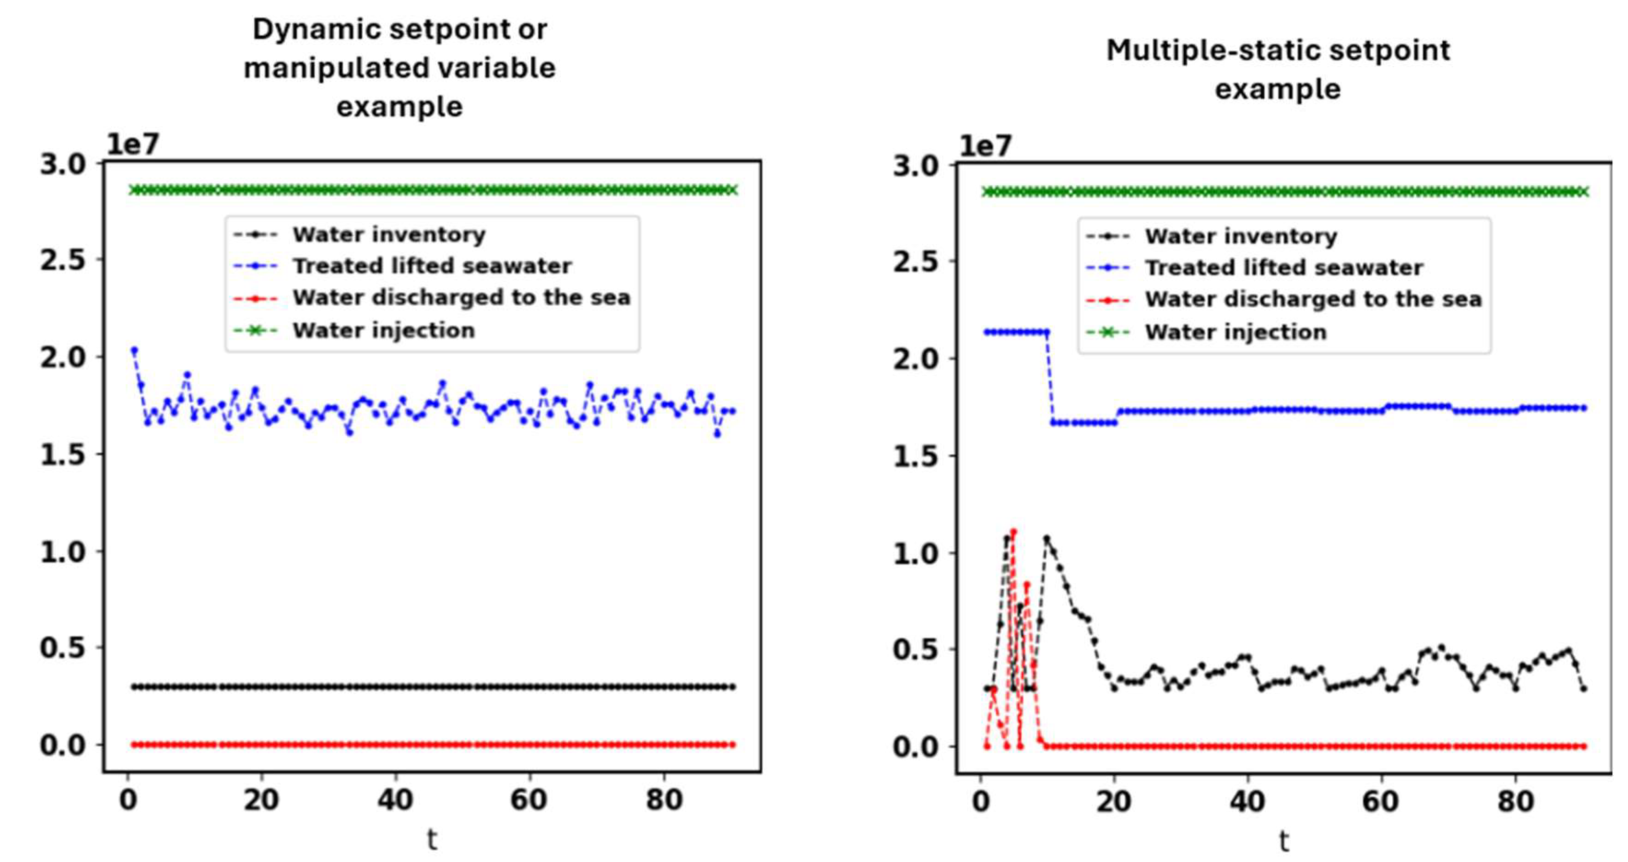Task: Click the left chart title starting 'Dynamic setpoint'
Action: tap(400, 68)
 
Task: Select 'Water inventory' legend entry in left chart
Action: tap(388, 234)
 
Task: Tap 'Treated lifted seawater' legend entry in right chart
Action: tap(1283, 267)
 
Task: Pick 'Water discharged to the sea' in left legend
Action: tap(461, 297)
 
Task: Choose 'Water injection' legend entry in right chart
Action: tap(1235, 332)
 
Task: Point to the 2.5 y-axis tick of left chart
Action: tap(63, 260)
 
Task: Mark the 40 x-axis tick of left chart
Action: tap(395, 800)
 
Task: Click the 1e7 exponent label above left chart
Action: tap(133, 145)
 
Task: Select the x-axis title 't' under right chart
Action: tap(1283, 841)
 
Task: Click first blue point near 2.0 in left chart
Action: tap(134, 350)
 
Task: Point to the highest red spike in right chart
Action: tap(1014, 532)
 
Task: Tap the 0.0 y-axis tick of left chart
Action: tap(63, 746)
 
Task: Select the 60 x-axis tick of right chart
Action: tap(1381, 802)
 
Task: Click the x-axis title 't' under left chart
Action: tap(432, 840)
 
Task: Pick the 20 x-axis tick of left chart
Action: tap(261, 800)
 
